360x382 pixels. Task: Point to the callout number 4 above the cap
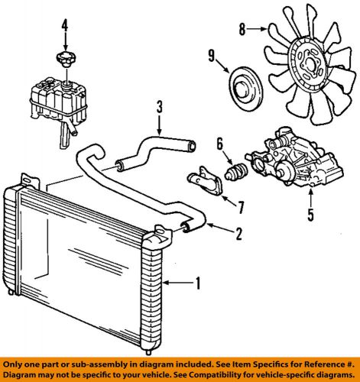pos(65,26)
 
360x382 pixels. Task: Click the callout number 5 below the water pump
pos(310,215)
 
